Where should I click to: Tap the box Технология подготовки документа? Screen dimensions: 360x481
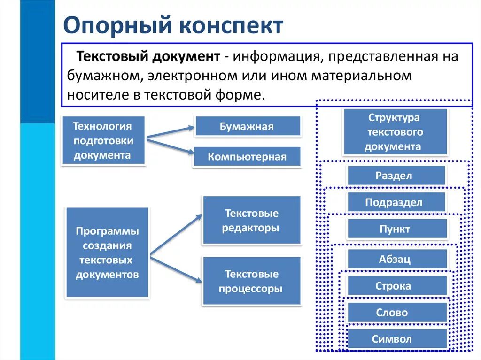coord(103,141)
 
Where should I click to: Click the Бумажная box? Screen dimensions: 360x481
coord(247,126)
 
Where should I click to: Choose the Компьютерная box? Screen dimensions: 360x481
coord(247,157)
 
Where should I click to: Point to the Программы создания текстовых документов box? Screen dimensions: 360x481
coord(107,253)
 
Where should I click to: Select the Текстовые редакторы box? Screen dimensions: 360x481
coord(251,221)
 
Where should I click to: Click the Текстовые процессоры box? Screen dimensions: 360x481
coord(251,281)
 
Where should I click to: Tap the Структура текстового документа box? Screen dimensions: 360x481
coord(395,132)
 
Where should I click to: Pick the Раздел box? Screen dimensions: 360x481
coord(396,176)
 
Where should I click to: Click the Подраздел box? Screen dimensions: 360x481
coord(396,202)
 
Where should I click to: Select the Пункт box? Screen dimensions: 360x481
coord(396,229)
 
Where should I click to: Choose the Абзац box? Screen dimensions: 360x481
coord(396,259)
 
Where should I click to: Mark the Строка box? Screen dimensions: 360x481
coord(396,286)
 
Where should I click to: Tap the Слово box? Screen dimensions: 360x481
coord(396,312)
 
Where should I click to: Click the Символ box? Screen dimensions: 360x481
coord(396,339)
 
